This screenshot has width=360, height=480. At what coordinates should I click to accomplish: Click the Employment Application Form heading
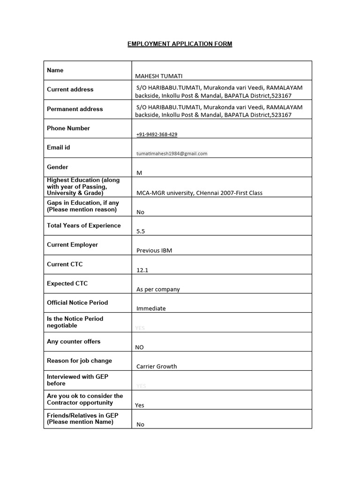click(180, 44)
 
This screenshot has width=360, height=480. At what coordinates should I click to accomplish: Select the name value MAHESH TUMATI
click(159, 76)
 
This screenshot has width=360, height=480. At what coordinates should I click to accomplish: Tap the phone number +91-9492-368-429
click(157, 135)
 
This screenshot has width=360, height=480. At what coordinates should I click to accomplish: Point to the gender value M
click(139, 173)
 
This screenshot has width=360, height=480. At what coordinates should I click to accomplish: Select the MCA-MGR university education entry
click(199, 193)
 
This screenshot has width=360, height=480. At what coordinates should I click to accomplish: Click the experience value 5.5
click(141, 231)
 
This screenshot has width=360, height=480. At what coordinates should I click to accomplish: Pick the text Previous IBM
click(154, 250)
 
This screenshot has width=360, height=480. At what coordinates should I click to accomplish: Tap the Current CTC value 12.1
click(142, 270)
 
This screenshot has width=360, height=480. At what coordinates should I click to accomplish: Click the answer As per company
click(158, 289)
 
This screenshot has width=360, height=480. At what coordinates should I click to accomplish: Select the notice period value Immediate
click(151, 308)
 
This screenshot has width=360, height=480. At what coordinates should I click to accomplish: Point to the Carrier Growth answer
click(157, 367)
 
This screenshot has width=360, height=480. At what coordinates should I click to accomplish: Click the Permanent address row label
click(75, 109)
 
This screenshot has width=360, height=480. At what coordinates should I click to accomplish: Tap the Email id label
click(58, 147)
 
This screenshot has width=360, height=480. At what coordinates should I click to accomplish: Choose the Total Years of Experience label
click(83, 225)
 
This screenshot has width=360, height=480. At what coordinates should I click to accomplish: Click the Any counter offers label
click(74, 341)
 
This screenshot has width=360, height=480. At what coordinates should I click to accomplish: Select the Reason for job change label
click(79, 360)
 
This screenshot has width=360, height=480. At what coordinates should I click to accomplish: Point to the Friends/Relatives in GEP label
click(82, 419)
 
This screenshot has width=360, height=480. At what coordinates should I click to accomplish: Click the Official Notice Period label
click(77, 302)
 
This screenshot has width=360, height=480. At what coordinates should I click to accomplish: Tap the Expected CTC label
click(67, 283)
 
